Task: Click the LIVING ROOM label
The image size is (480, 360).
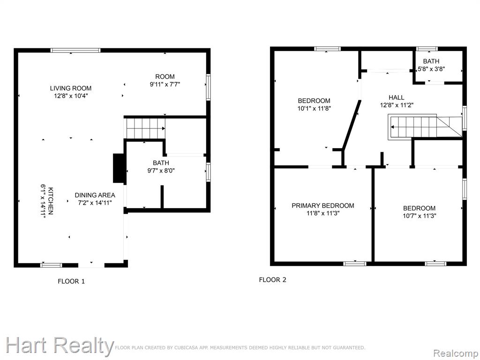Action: click(71, 88)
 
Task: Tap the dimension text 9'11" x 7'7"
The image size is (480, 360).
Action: click(165, 84)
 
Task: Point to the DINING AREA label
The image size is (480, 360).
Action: click(95, 195)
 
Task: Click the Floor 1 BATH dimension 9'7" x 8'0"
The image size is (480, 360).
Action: click(161, 171)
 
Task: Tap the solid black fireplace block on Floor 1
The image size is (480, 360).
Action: click(118, 168)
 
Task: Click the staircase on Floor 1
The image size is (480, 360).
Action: click(146, 128)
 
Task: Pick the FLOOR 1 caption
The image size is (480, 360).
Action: click(71, 281)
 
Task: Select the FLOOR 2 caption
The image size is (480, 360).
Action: click(272, 279)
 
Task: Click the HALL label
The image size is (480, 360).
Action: click(397, 97)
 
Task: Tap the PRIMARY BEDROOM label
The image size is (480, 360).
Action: click(322, 206)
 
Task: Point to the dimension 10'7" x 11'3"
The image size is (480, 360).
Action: click(420, 216)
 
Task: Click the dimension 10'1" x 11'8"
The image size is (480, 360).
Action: click(314, 108)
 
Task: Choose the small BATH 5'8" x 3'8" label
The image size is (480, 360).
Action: click(431, 65)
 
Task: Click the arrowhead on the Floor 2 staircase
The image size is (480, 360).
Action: click(392, 127)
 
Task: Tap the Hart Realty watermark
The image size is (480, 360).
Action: click(60, 346)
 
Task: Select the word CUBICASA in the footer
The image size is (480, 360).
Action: click(187, 347)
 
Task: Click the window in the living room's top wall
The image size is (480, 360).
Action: click(75, 51)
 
